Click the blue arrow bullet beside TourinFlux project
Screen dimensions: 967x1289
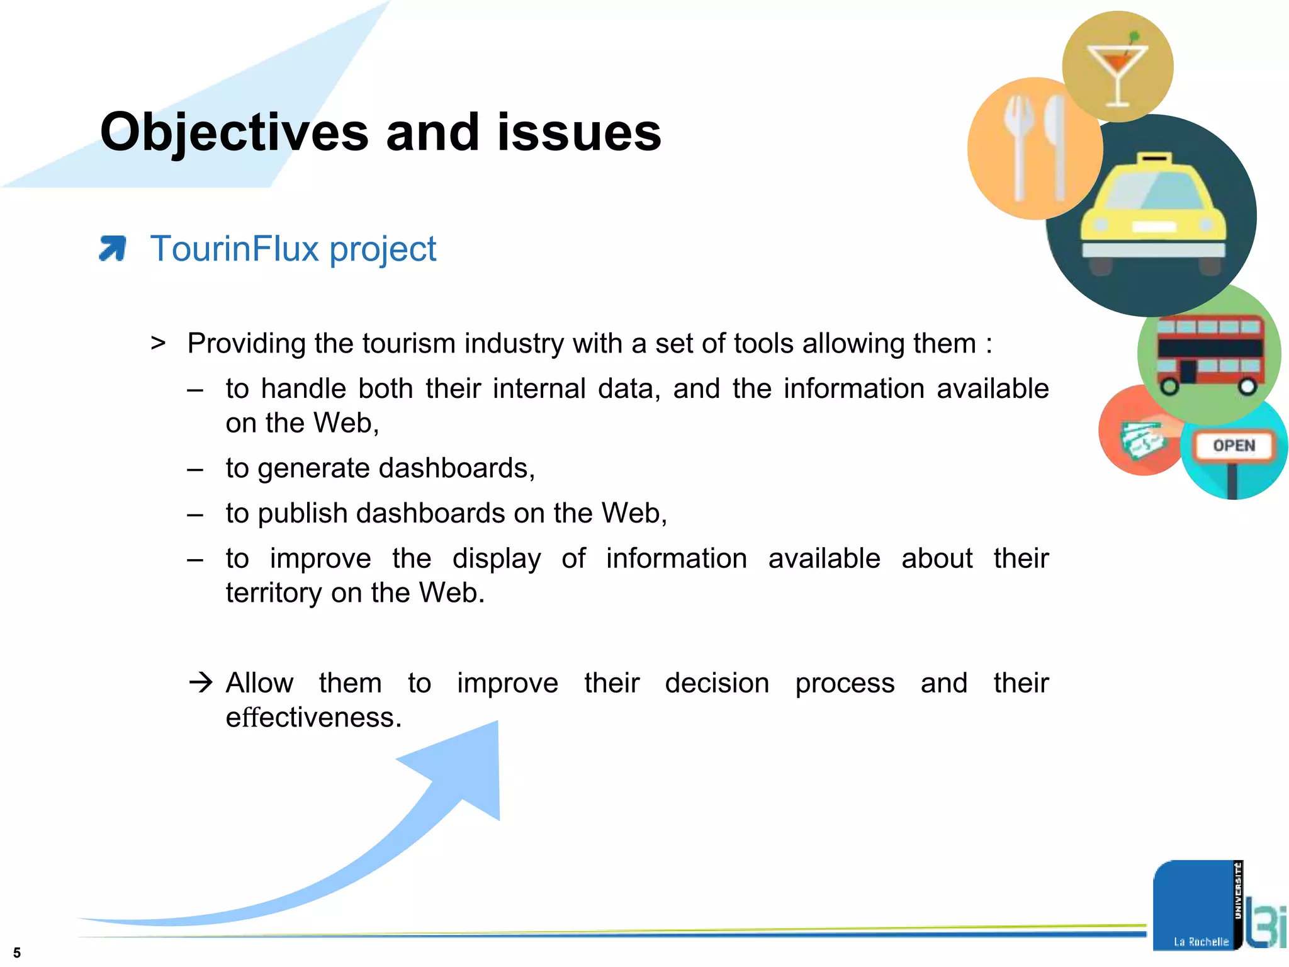[x=113, y=248]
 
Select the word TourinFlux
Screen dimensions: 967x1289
[x=234, y=249]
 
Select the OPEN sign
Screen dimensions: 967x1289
[x=1234, y=446]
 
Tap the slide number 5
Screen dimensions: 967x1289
[x=17, y=953]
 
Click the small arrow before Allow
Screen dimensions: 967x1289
[x=201, y=682]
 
